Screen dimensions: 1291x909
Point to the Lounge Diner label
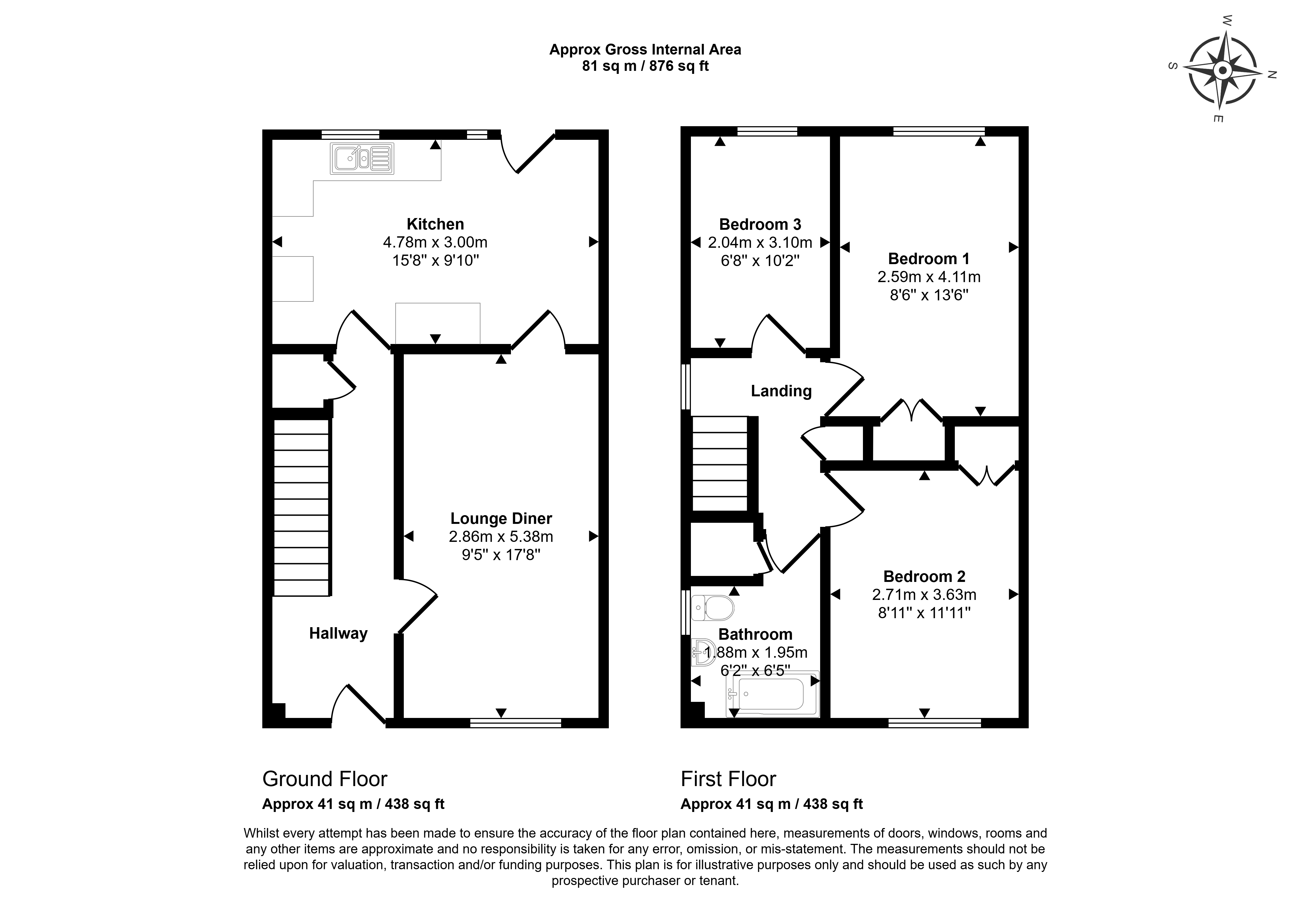coord(501,518)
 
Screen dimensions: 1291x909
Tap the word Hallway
coord(338,633)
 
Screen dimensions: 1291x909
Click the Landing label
coord(781,391)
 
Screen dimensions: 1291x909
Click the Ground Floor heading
coord(325,779)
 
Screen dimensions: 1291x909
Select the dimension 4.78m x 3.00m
coord(435,242)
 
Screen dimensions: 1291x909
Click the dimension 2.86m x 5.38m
coord(501,537)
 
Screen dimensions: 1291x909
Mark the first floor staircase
coord(720,464)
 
